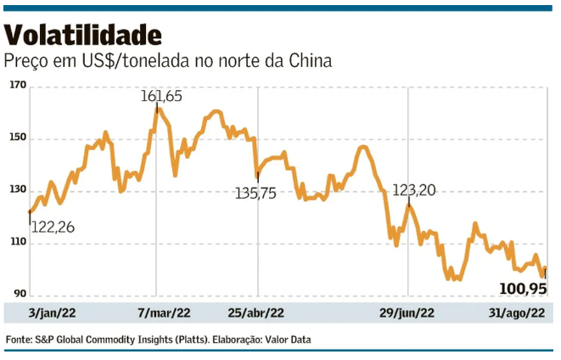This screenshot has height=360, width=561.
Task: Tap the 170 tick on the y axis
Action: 18,86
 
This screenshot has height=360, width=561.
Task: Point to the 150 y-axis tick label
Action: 18,138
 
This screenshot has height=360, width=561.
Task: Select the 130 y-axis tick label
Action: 18,191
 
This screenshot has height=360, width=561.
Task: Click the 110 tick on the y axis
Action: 18,244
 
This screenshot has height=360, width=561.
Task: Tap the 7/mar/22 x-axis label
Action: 162,313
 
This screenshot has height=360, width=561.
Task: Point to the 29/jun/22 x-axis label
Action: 407,313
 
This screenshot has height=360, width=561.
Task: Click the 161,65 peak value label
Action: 162,97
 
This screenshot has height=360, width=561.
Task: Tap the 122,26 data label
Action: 55,227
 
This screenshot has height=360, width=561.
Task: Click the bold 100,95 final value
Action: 520,289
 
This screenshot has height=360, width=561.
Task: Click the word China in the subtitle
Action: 306,62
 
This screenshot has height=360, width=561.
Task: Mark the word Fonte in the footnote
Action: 20,340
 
